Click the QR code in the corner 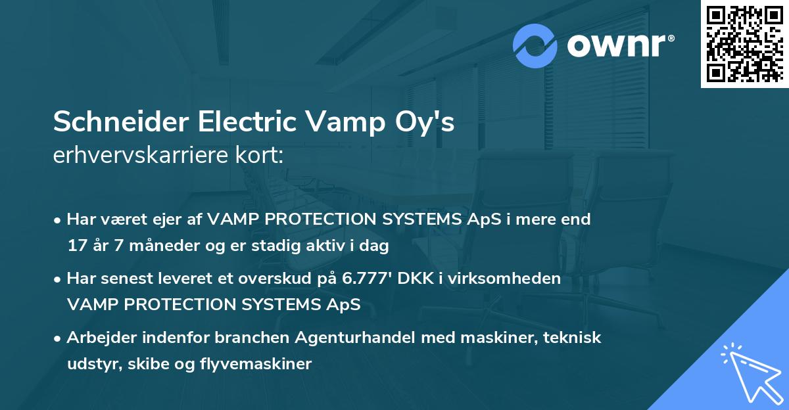pos(744,43)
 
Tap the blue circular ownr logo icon pos(535,45)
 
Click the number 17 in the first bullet pos(76,246)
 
